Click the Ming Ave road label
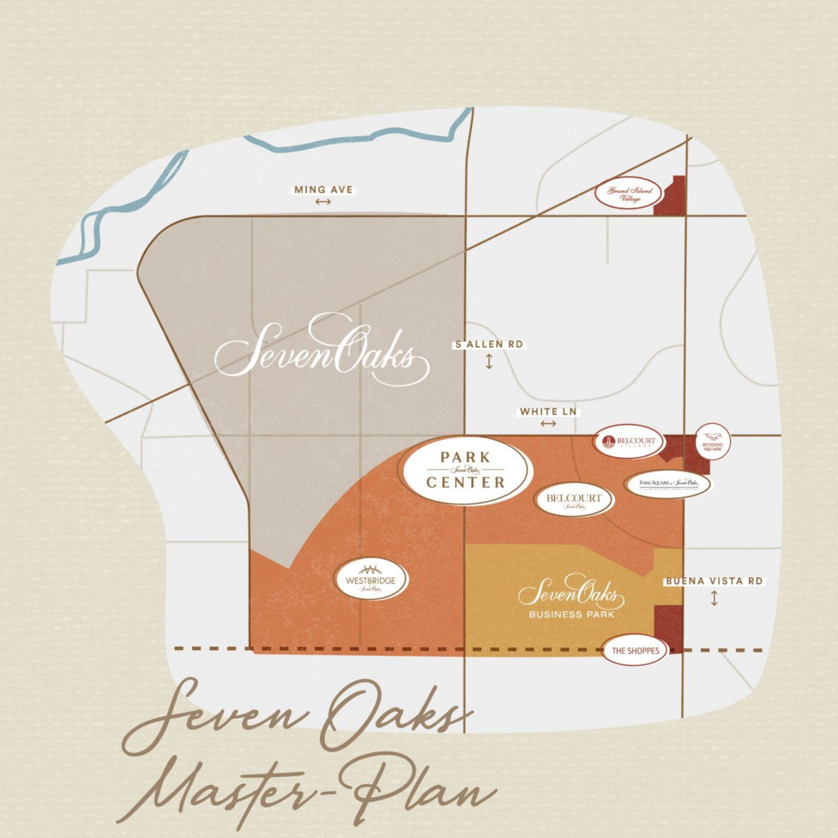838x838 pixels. (323, 190)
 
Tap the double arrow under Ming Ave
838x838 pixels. (323, 202)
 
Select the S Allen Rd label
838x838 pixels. (489, 344)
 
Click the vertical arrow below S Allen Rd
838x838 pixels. (489, 361)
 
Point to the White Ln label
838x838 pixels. (548, 412)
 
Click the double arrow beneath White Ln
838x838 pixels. (548, 423)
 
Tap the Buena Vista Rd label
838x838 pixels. (714, 581)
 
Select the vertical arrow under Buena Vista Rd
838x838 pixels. (714, 598)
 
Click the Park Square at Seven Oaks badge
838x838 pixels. (669, 484)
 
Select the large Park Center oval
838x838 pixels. (465, 470)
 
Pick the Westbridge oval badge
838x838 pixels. (371, 580)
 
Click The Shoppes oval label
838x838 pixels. (635, 650)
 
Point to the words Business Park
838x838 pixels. (571, 614)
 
